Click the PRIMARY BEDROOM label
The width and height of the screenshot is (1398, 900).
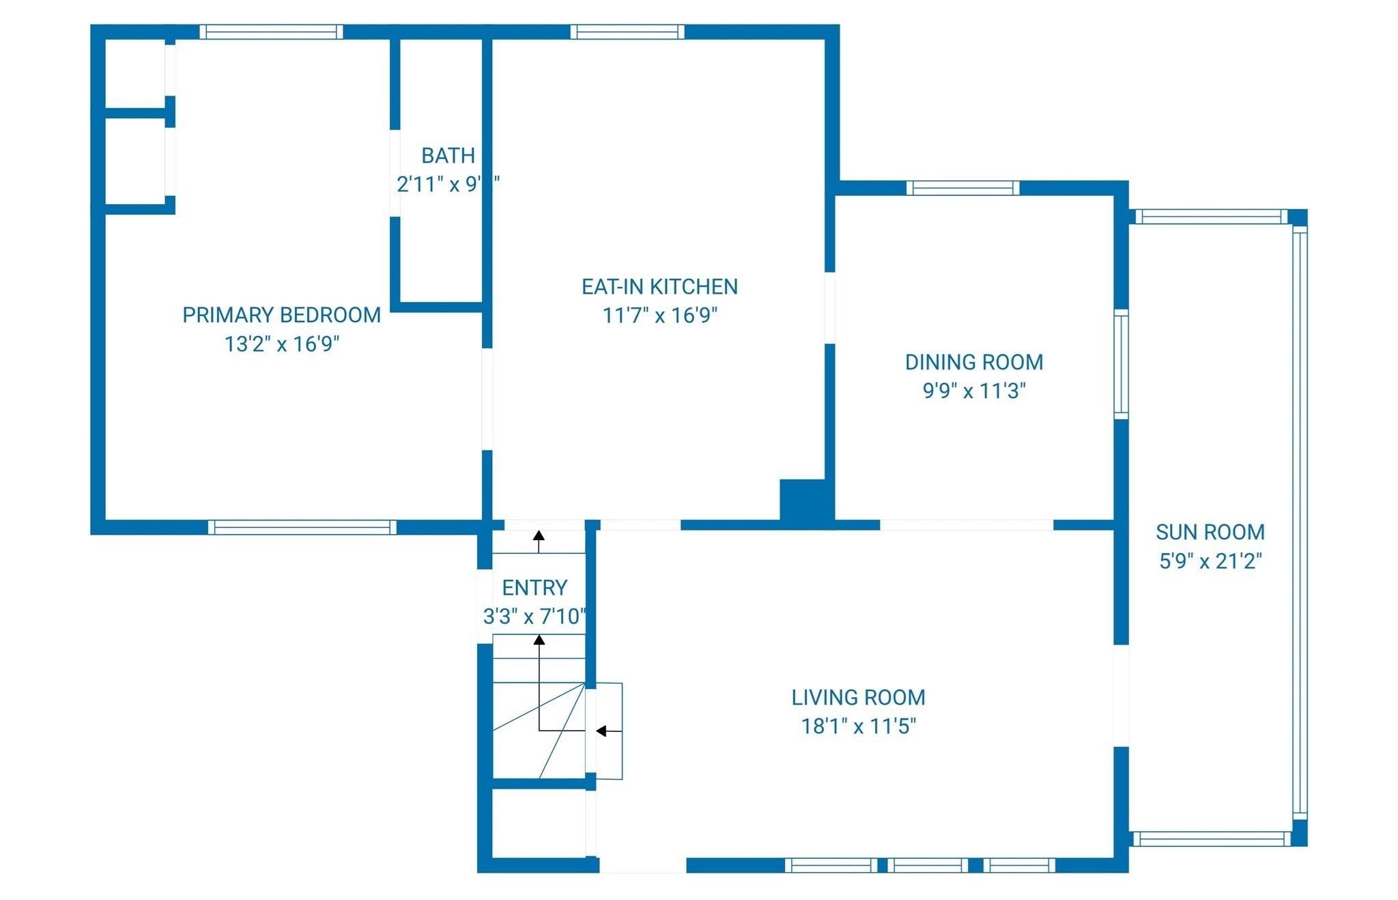281,315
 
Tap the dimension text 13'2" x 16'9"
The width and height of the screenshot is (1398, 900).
281,343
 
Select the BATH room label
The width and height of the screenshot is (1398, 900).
448,156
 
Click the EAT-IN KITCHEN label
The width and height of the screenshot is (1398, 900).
659,287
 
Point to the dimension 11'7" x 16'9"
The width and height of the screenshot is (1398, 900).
659,315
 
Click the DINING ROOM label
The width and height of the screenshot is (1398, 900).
973,362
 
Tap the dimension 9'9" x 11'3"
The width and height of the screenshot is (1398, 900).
973,391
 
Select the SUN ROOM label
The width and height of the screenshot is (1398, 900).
1210,532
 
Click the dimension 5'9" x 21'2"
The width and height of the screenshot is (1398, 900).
1210,561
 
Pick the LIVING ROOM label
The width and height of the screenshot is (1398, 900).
858,697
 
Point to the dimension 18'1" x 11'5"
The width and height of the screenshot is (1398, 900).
858,726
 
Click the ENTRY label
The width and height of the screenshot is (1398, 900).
534,588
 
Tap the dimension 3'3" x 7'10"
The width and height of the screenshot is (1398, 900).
534,617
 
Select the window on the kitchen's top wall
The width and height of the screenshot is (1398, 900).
627,31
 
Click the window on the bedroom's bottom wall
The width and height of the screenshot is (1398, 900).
302,526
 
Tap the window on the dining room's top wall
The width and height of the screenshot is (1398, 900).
962,188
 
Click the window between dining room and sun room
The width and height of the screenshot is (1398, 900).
1121,363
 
